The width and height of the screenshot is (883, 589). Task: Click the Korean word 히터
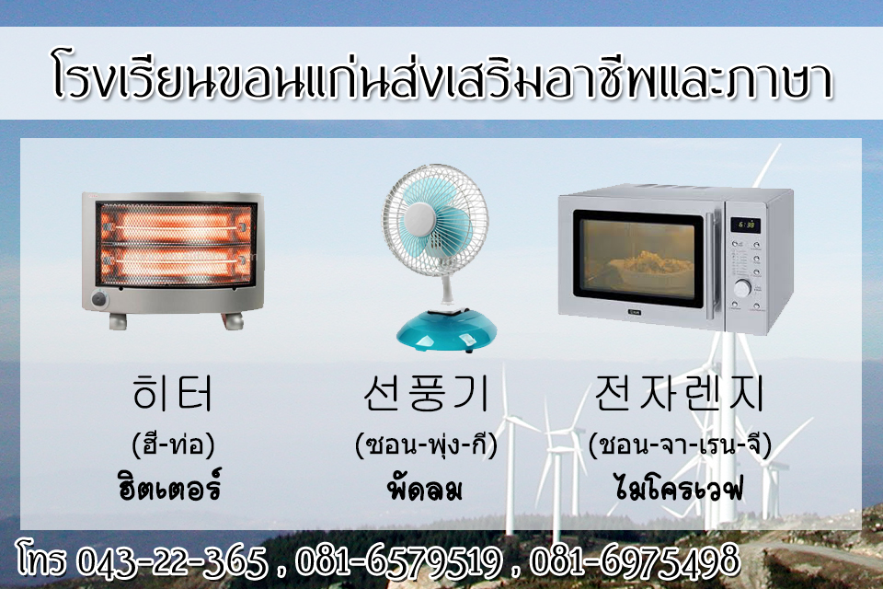pyautogui.click(x=173, y=393)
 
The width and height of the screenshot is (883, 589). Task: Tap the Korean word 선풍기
pyautogui.click(x=426, y=393)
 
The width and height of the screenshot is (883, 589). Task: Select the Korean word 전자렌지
pyautogui.click(x=679, y=393)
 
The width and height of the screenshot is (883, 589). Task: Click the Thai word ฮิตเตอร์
pyautogui.click(x=169, y=487)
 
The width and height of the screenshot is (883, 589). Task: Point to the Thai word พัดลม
pyautogui.click(x=426, y=488)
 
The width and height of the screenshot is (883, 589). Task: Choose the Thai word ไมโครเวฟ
pyautogui.click(x=679, y=487)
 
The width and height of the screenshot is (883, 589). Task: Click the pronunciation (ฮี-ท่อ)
pyautogui.click(x=174, y=445)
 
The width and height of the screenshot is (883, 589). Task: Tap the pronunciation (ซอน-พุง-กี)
pyautogui.click(x=426, y=445)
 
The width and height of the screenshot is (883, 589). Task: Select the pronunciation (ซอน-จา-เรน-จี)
pyautogui.click(x=680, y=445)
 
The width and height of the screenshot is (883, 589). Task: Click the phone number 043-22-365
pyautogui.click(x=172, y=560)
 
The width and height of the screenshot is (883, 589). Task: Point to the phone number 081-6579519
pyautogui.click(x=399, y=560)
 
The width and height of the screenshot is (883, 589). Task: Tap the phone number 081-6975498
pyautogui.click(x=634, y=560)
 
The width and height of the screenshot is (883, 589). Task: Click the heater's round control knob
pyautogui.click(x=100, y=298)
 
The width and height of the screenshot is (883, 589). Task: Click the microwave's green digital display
pyautogui.click(x=746, y=225)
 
